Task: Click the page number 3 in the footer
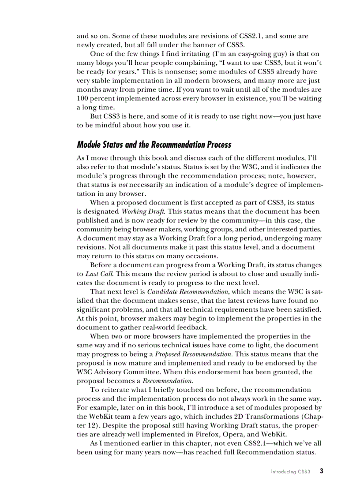[322, 471]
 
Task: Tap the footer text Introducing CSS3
[291, 472]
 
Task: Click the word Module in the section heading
[90, 145]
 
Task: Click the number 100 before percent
[83, 98]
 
